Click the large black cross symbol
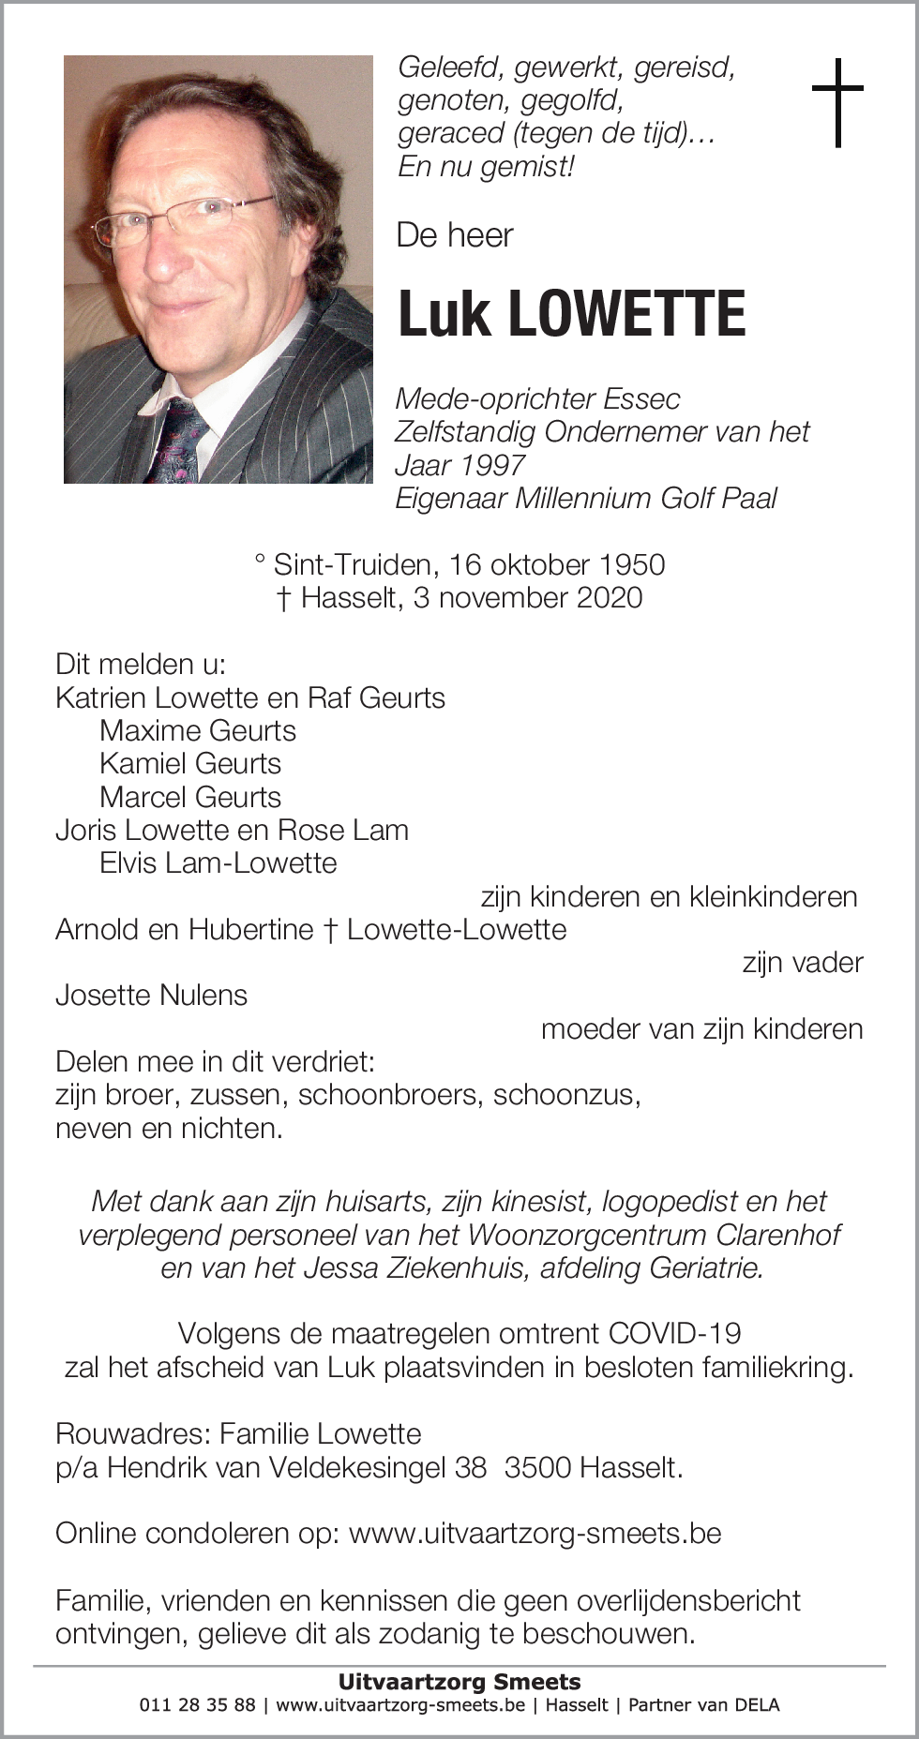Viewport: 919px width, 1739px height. point(836,102)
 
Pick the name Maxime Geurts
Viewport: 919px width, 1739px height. point(198,730)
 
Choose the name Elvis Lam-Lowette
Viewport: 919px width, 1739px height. point(218,862)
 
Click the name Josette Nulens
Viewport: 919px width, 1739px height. point(151,995)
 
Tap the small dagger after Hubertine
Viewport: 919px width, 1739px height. point(330,929)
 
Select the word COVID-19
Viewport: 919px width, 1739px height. point(674,1333)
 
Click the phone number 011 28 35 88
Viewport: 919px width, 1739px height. point(197,1704)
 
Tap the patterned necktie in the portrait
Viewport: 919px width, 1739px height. point(183,440)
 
